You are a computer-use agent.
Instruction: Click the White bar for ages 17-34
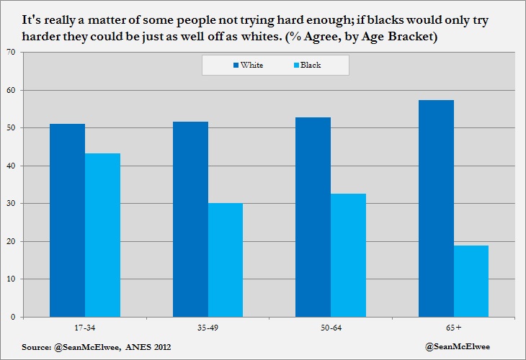tap(67, 220)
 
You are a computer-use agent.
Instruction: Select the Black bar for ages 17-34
tap(102, 235)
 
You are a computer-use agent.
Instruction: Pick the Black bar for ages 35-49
tap(226, 259)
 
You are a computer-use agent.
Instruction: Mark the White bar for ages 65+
tap(436, 208)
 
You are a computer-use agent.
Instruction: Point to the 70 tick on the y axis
tap(11, 53)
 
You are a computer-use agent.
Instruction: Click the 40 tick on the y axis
tap(11, 166)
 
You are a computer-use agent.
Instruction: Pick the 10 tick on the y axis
tap(11, 279)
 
